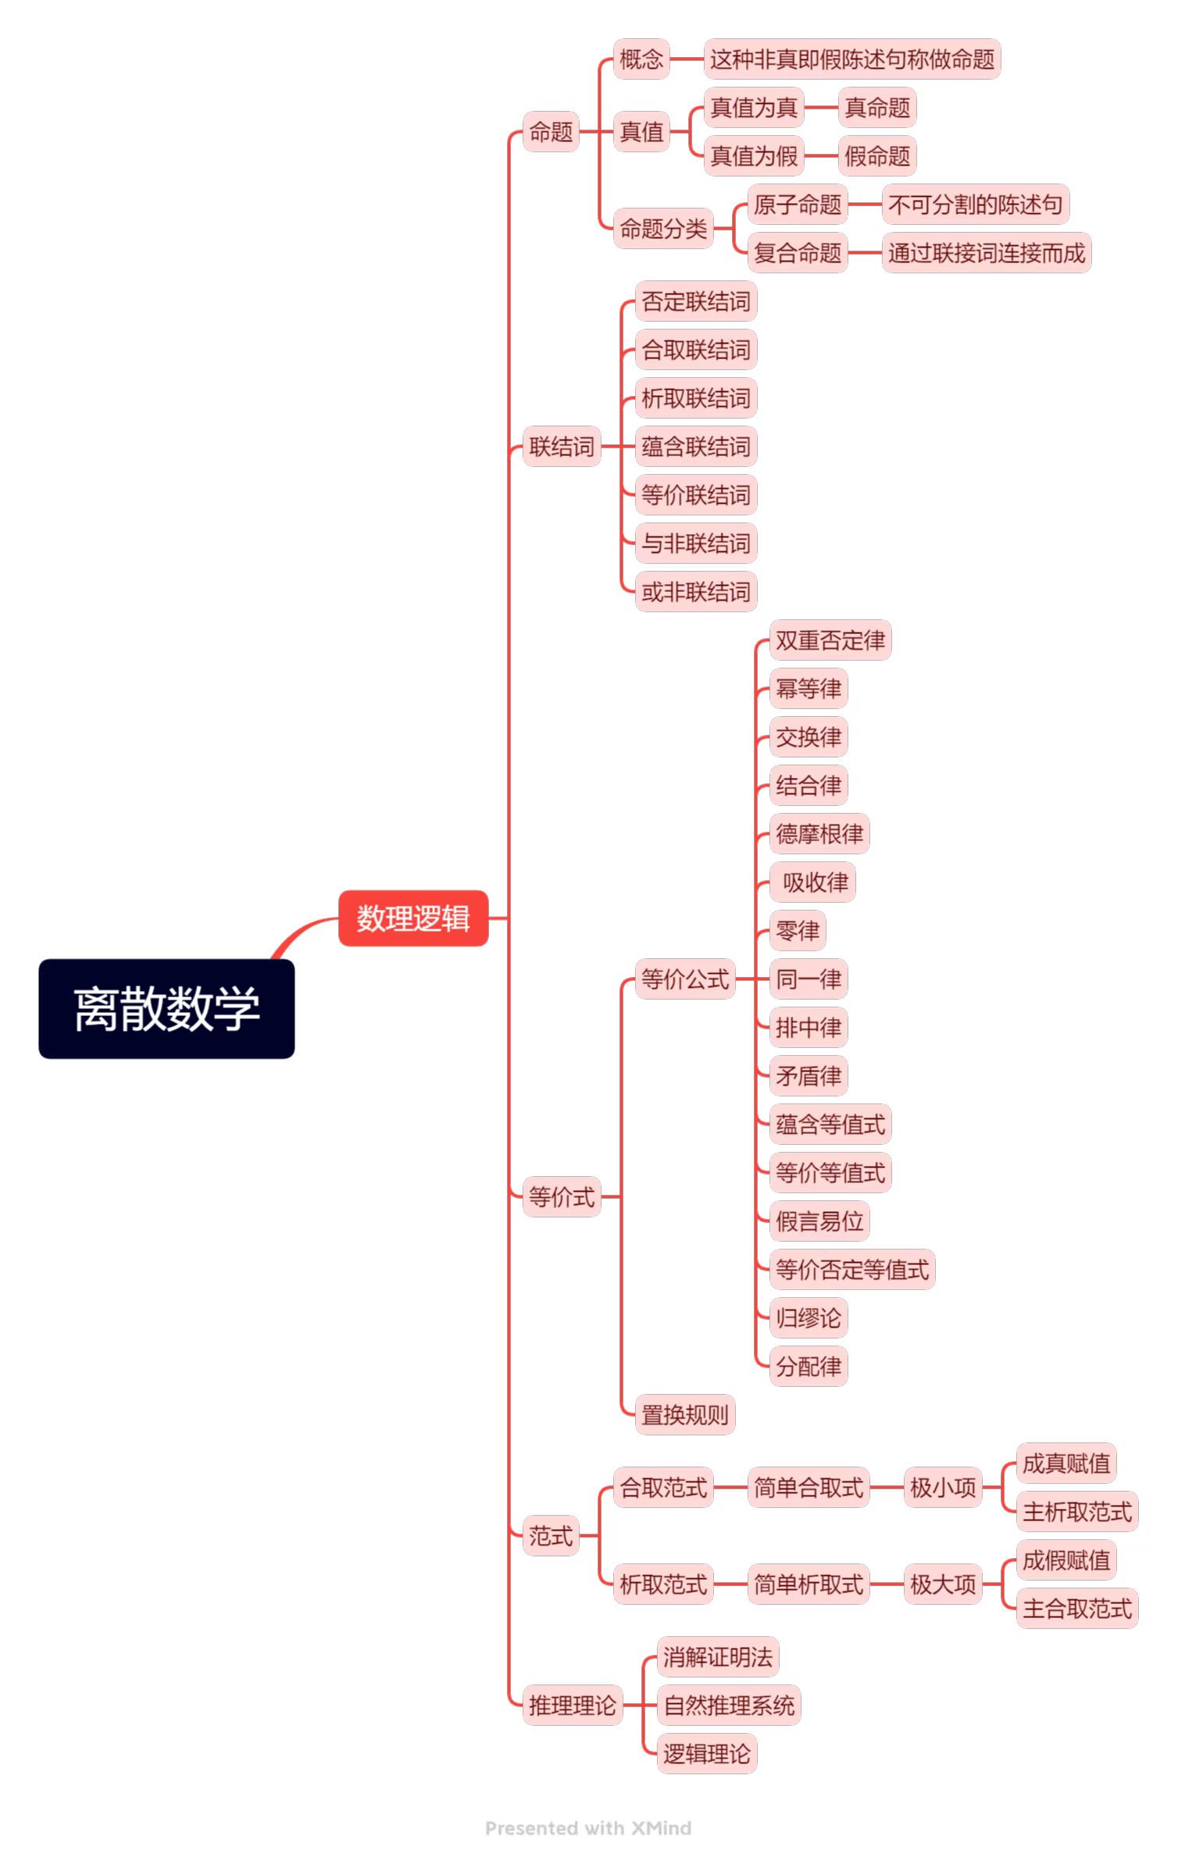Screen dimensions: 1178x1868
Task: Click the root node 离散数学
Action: pos(166,1008)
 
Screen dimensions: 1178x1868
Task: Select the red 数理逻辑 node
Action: pos(412,918)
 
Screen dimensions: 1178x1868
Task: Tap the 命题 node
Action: pos(551,132)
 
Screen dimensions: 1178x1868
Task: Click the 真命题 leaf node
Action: pos(876,108)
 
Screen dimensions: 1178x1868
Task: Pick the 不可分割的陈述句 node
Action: pos(975,205)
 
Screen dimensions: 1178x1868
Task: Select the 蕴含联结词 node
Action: pos(695,447)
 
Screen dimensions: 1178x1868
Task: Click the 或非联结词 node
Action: pos(695,592)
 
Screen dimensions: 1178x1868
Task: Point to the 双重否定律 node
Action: pos(830,640)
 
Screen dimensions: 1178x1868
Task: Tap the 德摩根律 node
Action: pos(819,834)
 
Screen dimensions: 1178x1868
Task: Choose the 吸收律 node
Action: pos(814,882)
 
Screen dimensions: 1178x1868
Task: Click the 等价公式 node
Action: pos(684,979)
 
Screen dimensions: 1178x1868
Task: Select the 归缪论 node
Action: pos(808,1318)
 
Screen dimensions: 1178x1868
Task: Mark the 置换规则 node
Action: pos(684,1414)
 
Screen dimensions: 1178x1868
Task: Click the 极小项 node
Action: pos(942,1488)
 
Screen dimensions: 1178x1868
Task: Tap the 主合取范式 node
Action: pos(1076,1609)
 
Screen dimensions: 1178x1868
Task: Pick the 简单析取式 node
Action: pos(808,1585)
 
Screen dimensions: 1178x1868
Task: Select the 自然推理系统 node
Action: pos(728,1705)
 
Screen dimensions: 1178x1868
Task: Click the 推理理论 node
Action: pos(572,1705)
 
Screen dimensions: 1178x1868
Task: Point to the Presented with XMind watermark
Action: pos(587,1828)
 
